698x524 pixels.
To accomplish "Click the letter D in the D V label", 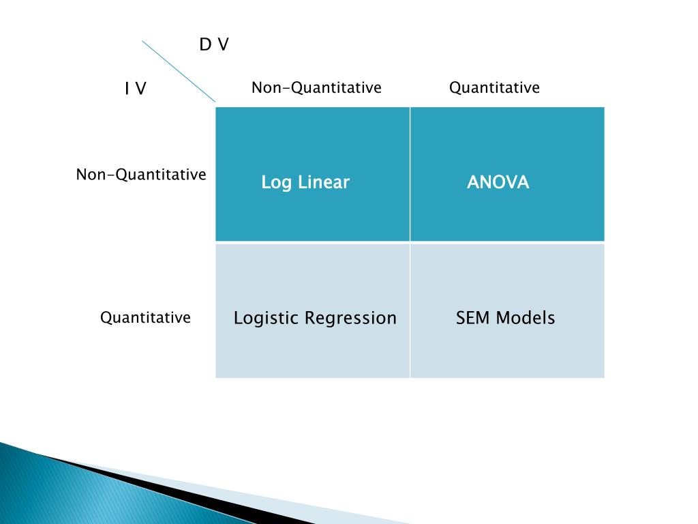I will pos(204,45).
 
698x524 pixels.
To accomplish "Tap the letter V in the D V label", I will pos(223,45).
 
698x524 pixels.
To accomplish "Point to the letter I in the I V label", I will pos(126,89).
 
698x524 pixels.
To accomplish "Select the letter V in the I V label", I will pos(140,89).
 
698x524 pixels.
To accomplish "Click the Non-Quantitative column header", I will pos(316,87).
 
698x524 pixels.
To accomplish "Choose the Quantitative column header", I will pos(494,87).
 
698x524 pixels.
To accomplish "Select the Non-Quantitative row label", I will pos(141,175).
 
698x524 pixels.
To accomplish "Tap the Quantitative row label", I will pos(145,317).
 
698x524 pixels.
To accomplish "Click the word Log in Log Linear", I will pos(275,183).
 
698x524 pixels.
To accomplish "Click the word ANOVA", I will pos(498,182).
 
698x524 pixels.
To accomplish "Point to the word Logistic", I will pos(267,319).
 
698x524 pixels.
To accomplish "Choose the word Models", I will pos(526,318).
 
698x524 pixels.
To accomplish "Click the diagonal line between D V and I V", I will pos(179,71).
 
